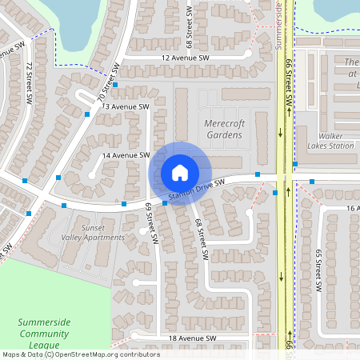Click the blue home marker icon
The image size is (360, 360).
pyautogui.click(x=180, y=172)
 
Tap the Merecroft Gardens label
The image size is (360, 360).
pyautogui.click(x=222, y=130)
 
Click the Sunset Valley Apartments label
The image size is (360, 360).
pyautogui.click(x=93, y=232)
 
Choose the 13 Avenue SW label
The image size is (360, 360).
pyautogui.click(x=126, y=106)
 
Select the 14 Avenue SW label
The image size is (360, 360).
pyautogui.click(x=126, y=154)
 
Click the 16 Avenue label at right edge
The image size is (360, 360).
pyautogui.click(x=353, y=207)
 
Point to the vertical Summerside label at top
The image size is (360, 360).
pyautogui.click(x=280, y=24)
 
